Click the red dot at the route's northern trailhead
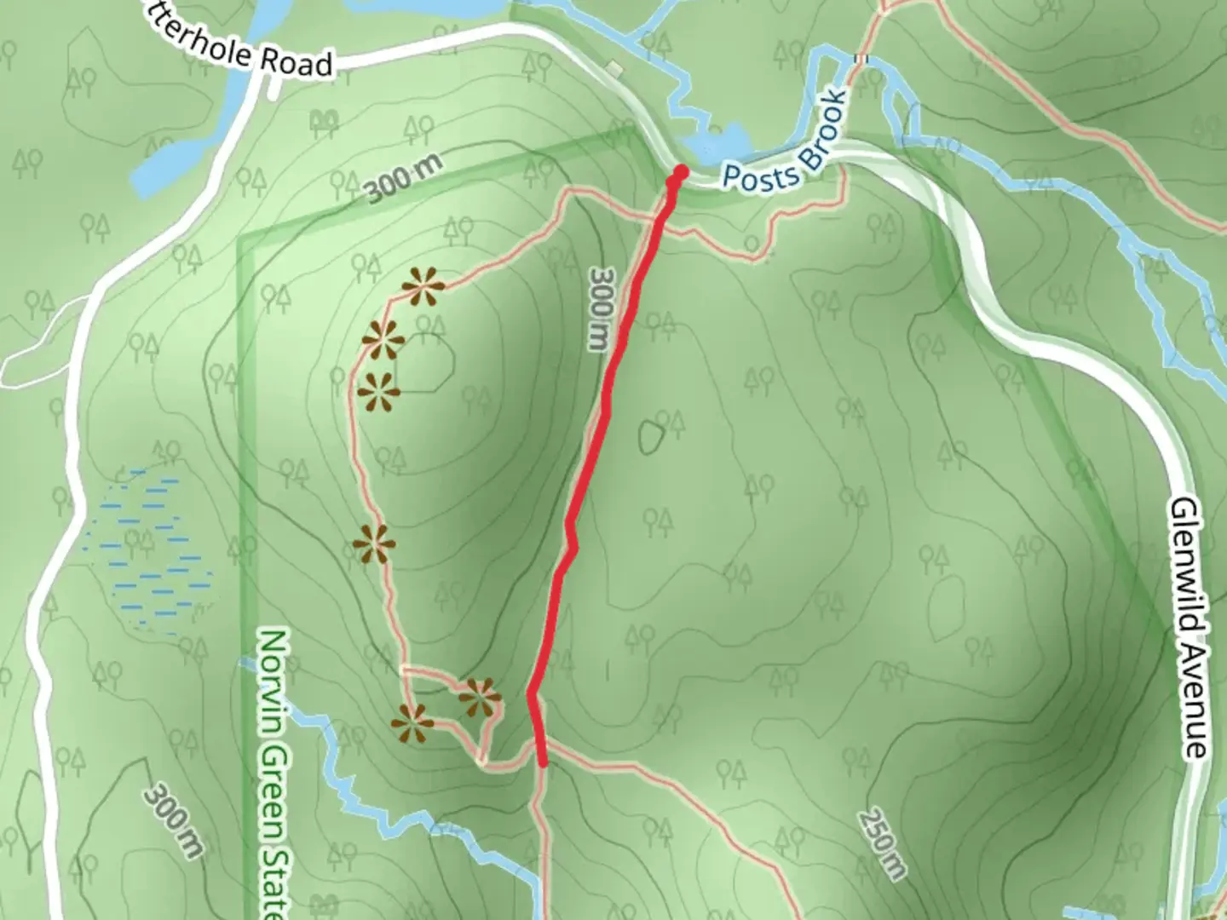680,173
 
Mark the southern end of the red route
543,762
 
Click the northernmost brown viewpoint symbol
423,287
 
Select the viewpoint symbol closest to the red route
480,698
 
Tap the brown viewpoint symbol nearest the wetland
373,543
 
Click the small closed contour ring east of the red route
652,436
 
